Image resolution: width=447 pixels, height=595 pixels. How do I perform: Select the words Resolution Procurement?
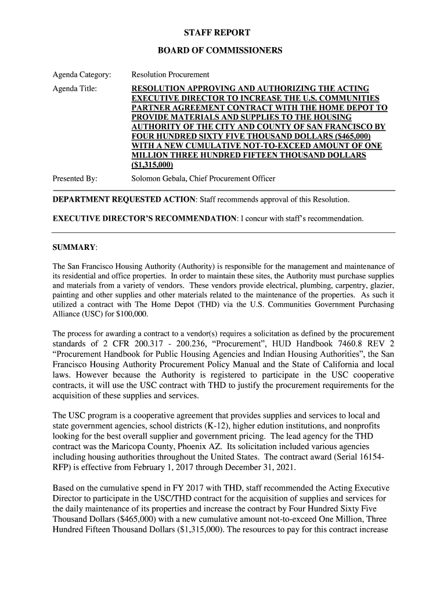coord(170,75)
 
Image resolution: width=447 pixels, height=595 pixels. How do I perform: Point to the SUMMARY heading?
coord(74,248)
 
